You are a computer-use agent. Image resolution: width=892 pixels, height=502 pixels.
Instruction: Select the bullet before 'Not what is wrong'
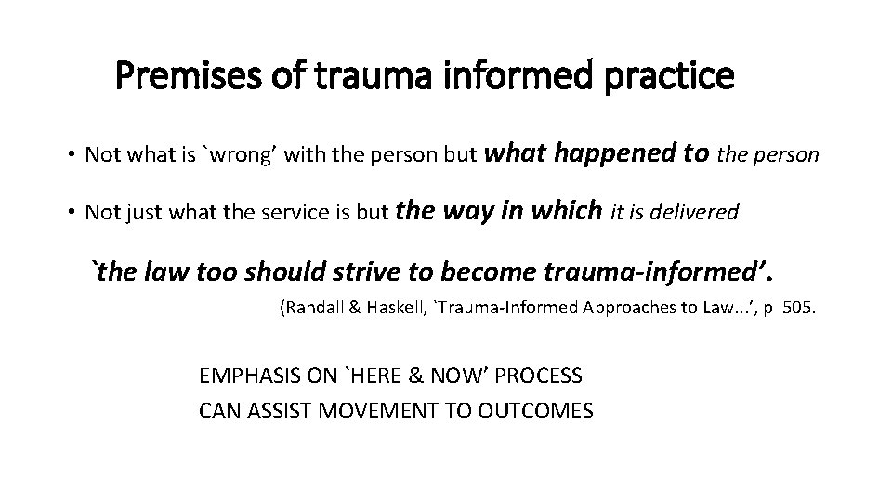71,155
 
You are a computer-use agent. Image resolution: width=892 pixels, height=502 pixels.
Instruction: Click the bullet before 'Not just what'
71,213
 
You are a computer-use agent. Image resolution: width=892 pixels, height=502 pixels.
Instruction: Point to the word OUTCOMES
539,410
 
